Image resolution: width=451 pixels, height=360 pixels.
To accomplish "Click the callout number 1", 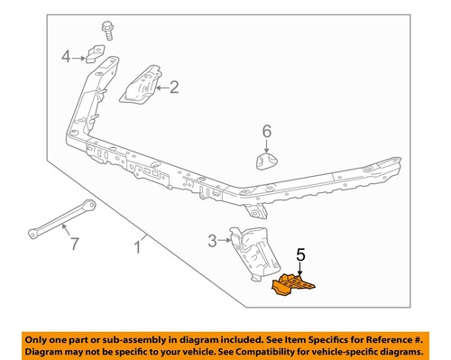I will coord(138,245).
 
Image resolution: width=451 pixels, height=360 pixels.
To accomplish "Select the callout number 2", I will coord(174,88).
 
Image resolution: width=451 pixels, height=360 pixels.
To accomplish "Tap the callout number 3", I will coord(213,240).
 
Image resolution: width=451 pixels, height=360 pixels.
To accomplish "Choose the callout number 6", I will coord(266,133).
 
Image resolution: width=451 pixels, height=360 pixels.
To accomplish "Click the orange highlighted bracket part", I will coord(292,287).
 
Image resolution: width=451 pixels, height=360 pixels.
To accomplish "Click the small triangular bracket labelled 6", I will coord(266,162).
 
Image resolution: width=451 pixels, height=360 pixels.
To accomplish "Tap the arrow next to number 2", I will coord(161,88).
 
